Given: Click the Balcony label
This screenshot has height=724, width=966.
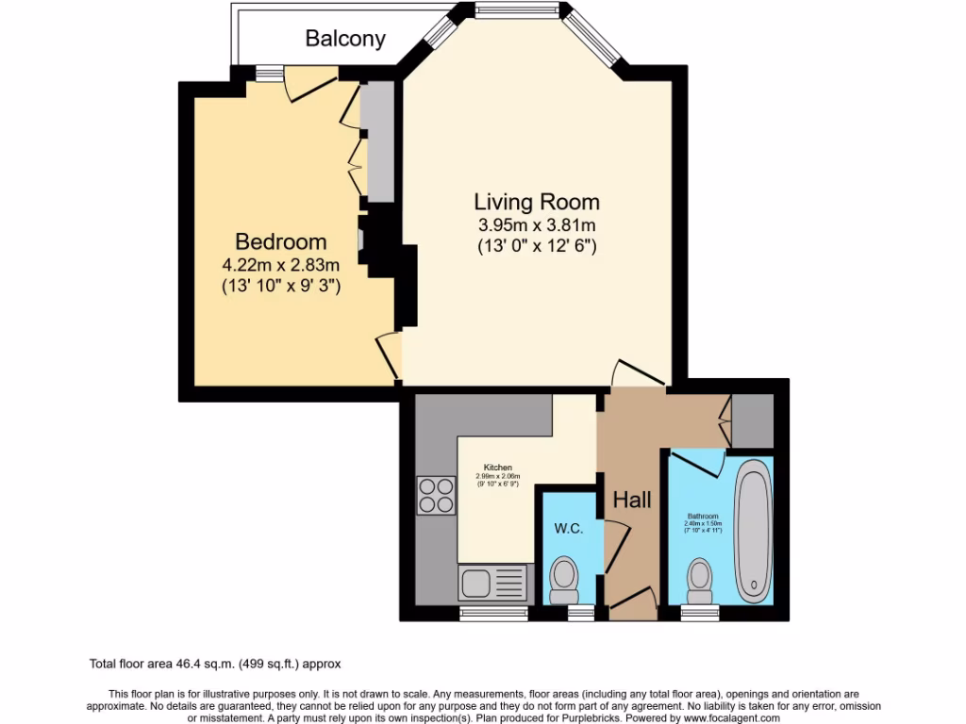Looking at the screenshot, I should (x=345, y=39).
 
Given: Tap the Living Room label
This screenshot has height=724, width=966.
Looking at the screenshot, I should (x=536, y=202).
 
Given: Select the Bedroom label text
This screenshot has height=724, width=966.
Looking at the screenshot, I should (x=281, y=242).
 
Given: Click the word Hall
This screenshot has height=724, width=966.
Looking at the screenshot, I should (x=632, y=500).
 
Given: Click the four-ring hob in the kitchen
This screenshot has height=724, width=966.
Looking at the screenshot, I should (x=435, y=496).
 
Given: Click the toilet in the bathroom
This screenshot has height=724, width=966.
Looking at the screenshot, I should (x=700, y=581).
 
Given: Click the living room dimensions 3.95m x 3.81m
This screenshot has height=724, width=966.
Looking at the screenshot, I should (x=536, y=225).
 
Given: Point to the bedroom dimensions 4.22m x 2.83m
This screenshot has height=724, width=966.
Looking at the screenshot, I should (x=281, y=265).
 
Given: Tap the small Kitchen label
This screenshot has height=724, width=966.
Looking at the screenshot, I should (x=498, y=468).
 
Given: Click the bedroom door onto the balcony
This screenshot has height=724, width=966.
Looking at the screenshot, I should (x=310, y=84).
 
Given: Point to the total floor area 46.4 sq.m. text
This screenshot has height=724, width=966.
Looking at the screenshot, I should (x=222, y=664).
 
